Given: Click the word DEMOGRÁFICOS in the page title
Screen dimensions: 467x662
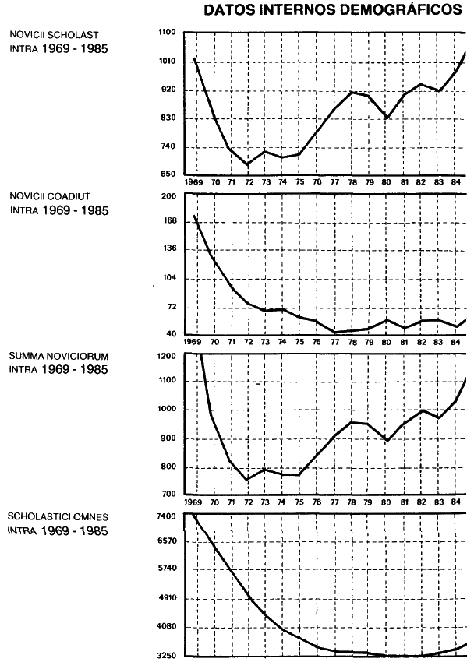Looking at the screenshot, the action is [x=400, y=9].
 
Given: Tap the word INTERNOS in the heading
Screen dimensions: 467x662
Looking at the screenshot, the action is [x=296, y=10].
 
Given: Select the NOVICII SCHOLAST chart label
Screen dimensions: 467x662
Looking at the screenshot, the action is [x=54, y=35].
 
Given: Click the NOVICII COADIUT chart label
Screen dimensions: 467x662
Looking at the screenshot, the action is [x=49, y=196].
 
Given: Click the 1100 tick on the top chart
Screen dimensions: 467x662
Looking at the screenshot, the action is [x=167, y=32].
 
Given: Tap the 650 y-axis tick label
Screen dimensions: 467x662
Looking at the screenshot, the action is [x=169, y=174].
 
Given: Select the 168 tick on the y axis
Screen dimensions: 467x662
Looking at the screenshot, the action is [x=169, y=221].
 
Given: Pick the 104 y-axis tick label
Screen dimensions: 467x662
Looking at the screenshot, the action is [x=169, y=278].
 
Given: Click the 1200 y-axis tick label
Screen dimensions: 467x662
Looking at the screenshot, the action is [x=168, y=357].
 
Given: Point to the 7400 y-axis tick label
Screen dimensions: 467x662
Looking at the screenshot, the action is [x=165, y=516].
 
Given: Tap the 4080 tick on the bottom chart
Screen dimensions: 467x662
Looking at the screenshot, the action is [x=166, y=626].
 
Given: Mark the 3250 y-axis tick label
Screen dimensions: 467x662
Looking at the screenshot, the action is [x=166, y=656].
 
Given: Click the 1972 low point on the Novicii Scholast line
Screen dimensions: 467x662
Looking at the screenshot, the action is [x=248, y=164].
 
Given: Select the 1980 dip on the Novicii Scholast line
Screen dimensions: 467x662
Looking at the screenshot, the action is [x=386, y=118].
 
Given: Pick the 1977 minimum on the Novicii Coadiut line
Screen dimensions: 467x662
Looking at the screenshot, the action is [x=335, y=332].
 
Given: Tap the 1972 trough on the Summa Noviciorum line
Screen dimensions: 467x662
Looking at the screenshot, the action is [x=248, y=480].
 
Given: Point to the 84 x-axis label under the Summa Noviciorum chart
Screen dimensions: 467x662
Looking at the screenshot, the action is [x=455, y=502].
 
